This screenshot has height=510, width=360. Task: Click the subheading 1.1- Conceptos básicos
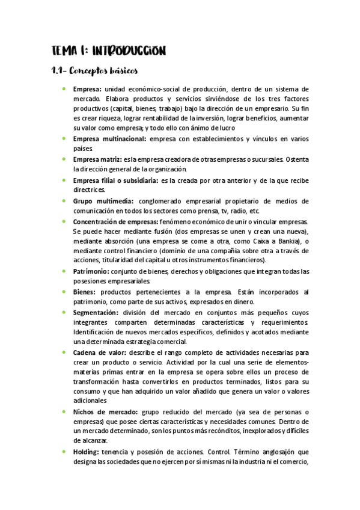[95, 71]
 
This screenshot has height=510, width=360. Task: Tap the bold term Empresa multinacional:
[109, 139]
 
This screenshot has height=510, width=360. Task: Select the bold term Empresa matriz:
[97, 159]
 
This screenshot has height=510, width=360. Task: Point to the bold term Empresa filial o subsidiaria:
[115, 180]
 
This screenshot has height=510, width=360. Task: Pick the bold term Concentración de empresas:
[115, 221]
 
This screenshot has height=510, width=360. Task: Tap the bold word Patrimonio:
[94, 271]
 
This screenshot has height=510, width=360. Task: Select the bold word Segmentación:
[96, 313]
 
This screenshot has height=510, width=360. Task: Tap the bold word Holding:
[87, 452]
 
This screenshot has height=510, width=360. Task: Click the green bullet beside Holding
[64, 452]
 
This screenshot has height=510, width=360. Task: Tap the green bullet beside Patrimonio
[64, 271]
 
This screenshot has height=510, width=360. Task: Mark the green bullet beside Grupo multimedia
[64, 200]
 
